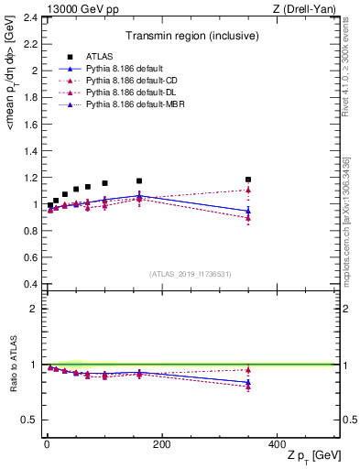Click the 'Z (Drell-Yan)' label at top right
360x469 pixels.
point(309,8)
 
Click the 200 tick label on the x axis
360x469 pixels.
point(161,444)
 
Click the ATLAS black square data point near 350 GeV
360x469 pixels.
point(248,180)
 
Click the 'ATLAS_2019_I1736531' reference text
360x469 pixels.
point(190,274)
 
